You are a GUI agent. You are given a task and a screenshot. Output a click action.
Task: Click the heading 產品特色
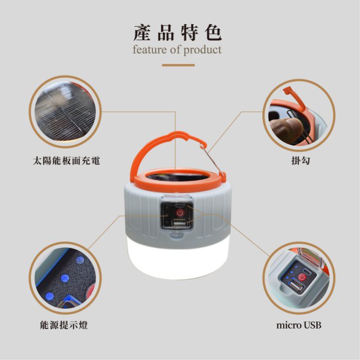[177, 33]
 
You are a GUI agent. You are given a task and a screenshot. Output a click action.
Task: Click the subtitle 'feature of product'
[177, 50]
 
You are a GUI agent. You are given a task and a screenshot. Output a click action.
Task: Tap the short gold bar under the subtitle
[178, 65]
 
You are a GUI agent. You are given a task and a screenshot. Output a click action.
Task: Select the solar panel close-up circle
[65, 112]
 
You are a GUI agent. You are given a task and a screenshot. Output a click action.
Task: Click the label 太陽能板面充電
[66, 160]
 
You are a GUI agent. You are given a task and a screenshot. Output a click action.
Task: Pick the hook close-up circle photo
[299, 116]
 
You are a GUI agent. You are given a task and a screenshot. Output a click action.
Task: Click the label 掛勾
[301, 160]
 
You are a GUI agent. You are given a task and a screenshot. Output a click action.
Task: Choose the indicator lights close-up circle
[65, 278]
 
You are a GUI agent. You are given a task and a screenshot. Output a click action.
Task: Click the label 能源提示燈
[64, 326]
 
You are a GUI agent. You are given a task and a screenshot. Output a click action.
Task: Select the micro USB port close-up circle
[299, 278]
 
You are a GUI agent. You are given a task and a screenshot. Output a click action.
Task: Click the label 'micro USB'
[299, 326]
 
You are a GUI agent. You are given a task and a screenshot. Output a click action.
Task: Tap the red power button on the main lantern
[180, 212]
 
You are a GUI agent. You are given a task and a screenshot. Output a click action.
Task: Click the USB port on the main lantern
[179, 223]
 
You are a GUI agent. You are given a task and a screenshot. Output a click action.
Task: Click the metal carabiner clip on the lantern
[212, 159]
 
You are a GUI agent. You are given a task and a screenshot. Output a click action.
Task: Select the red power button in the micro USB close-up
[302, 277]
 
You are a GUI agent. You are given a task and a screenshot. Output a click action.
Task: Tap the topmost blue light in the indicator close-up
[80, 260]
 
